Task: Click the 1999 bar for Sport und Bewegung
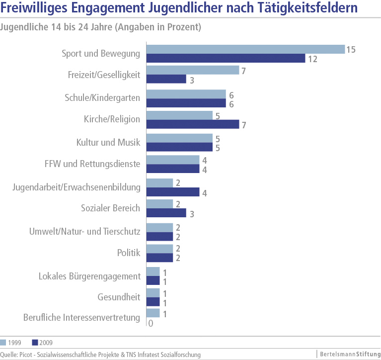pos(245,49)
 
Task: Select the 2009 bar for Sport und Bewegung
pos(226,59)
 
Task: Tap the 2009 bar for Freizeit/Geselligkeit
pos(166,79)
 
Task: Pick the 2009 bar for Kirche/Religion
pos(193,124)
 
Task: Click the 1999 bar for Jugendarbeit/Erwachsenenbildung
pos(160,183)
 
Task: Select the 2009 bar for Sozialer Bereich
pos(166,213)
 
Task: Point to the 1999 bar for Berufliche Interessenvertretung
pos(153,313)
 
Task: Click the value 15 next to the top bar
pos(351,49)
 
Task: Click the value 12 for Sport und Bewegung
pos(312,59)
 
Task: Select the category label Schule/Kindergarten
pos(102,98)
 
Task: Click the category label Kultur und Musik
pos(108,143)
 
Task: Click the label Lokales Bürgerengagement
pos(89,276)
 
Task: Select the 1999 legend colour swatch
pos(3,342)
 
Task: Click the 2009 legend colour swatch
pos(35,342)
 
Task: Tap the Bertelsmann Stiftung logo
pos(348,354)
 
